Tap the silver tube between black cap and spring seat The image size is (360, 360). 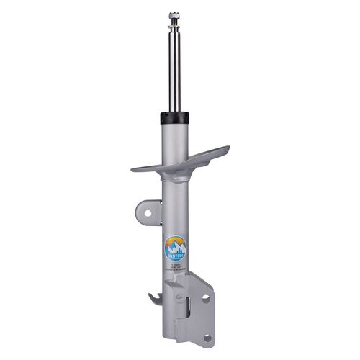[174, 137]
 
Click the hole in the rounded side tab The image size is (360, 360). [146, 213]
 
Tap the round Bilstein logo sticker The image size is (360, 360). [175, 248]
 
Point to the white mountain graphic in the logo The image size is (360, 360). [175, 246]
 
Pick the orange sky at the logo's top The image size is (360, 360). [175, 240]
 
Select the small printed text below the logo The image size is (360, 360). [176, 266]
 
